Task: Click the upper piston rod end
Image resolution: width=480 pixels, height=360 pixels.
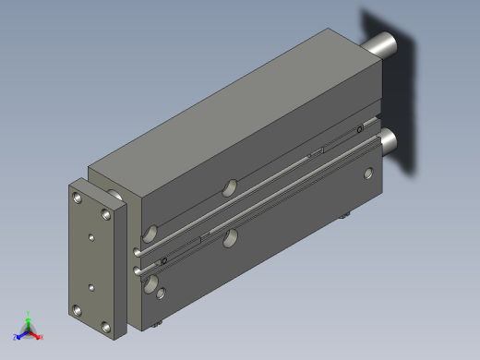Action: (383, 44)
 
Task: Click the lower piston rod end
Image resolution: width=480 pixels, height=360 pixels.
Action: (389, 139)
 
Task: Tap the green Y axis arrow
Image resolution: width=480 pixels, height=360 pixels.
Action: (29, 317)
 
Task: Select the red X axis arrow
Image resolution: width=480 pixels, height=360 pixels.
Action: (39, 336)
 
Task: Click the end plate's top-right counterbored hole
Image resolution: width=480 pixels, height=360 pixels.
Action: (108, 214)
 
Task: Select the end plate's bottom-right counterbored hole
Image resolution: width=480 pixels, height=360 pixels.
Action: (108, 327)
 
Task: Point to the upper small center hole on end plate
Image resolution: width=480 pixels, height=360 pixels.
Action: (91, 237)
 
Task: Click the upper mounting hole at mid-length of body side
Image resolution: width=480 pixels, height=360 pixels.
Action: (228, 190)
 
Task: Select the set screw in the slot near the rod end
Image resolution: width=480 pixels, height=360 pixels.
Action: (358, 130)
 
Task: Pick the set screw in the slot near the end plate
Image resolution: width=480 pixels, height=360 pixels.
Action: (163, 261)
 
